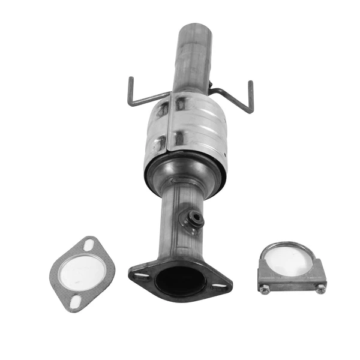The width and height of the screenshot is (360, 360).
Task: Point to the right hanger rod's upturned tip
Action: coord(250,84)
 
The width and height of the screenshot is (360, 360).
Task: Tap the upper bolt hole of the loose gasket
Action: coord(89,245)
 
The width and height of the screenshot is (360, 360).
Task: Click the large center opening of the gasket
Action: coord(82,273)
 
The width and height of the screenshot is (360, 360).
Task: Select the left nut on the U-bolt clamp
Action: coord(265,289)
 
